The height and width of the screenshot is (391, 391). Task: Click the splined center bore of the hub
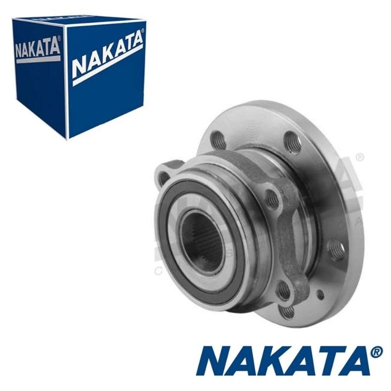[x=204, y=241]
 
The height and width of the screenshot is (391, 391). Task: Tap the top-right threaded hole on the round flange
[x=291, y=142]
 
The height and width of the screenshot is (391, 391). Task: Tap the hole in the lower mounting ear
[x=283, y=290]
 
